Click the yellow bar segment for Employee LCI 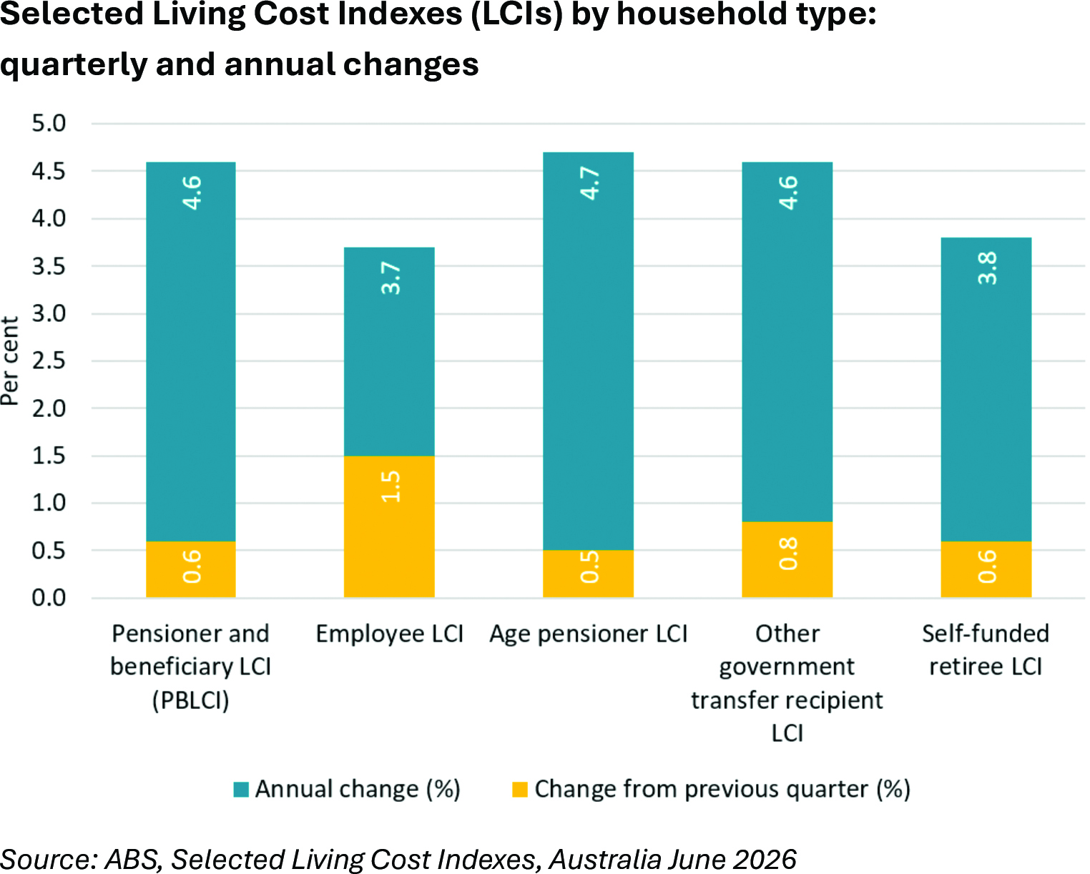tap(389, 526)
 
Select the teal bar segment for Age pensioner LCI tap(588, 350)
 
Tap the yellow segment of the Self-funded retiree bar tap(986, 569)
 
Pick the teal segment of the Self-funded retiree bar tap(986, 389)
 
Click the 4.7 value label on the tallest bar tap(589, 183)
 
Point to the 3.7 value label tap(391, 278)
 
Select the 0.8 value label tap(788, 554)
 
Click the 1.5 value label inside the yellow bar tap(391, 486)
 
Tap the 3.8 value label tap(987, 268)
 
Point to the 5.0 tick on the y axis tap(49, 123)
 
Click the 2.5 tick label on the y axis tap(49, 360)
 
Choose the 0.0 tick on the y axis tap(49, 598)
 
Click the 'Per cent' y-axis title tap(9, 360)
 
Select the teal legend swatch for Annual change tap(241, 790)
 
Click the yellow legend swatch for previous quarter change tap(520, 790)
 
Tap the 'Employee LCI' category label tap(390, 634)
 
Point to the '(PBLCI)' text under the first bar tap(191, 701)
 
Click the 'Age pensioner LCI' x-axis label tap(588, 634)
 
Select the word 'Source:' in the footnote tap(49, 860)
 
